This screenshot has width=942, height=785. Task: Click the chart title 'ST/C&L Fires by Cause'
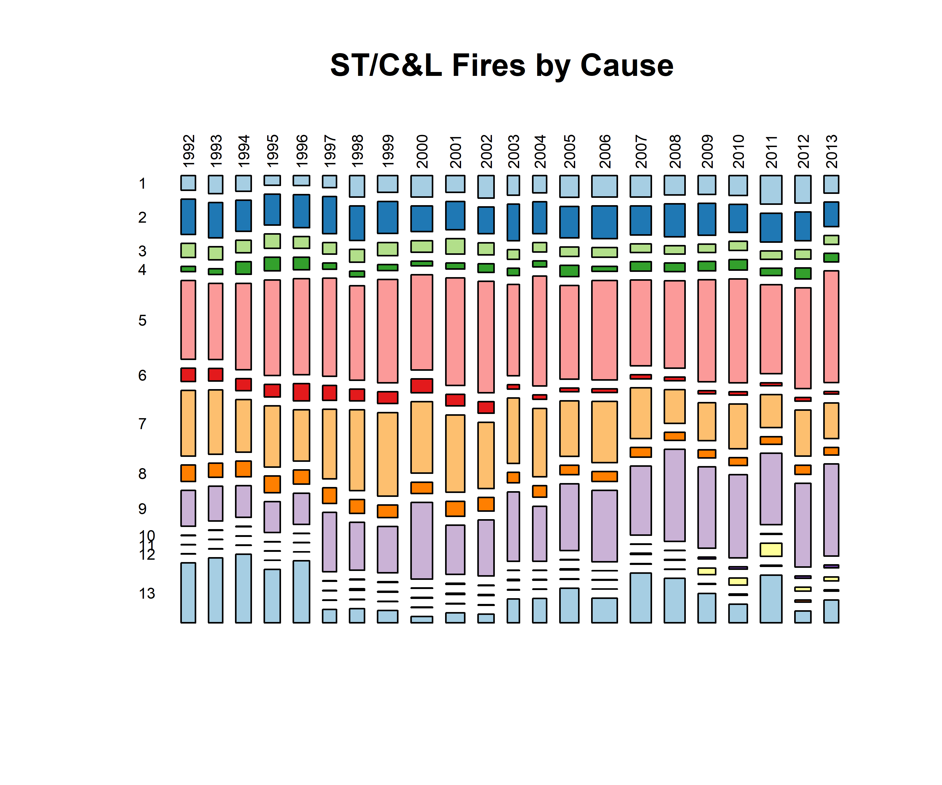click(x=502, y=65)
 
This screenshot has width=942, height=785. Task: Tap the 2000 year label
click(x=422, y=151)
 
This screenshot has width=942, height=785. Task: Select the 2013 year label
click(x=832, y=151)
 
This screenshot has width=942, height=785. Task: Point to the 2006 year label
click(x=604, y=151)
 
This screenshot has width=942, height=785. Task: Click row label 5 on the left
click(x=142, y=320)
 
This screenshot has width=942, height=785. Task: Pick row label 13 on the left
click(x=147, y=593)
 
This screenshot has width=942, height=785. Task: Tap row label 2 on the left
click(x=142, y=217)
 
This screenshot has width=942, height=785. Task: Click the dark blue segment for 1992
click(x=188, y=217)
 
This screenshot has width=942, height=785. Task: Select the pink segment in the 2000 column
click(x=422, y=322)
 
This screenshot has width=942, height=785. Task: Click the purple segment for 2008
click(x=675, y=495)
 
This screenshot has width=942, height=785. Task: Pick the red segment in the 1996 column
click(x=301, y=392)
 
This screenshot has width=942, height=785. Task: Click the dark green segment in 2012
click(x=803, y=273)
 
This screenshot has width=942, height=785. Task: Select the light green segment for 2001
click(x=455, y=246)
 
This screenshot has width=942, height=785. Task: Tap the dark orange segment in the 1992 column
click(x=188, y=473)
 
